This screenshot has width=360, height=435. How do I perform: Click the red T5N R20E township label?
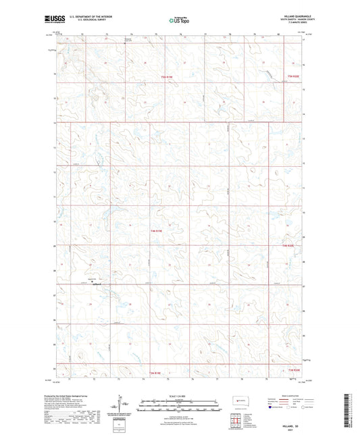[292, 77]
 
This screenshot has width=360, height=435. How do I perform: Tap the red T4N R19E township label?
[156, 232]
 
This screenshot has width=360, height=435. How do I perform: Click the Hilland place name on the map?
[97, 284]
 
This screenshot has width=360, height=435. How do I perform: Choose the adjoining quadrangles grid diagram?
[237, 421]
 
